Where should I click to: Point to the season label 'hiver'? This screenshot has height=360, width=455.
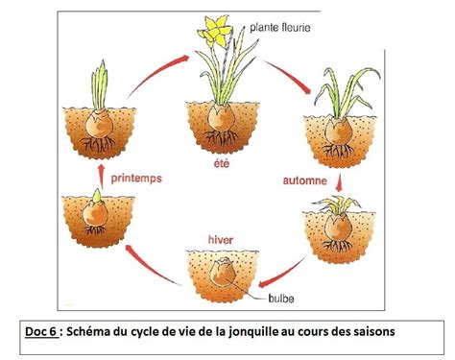tap(222, 231)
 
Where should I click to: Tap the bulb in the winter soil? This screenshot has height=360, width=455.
tap(222, 274)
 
